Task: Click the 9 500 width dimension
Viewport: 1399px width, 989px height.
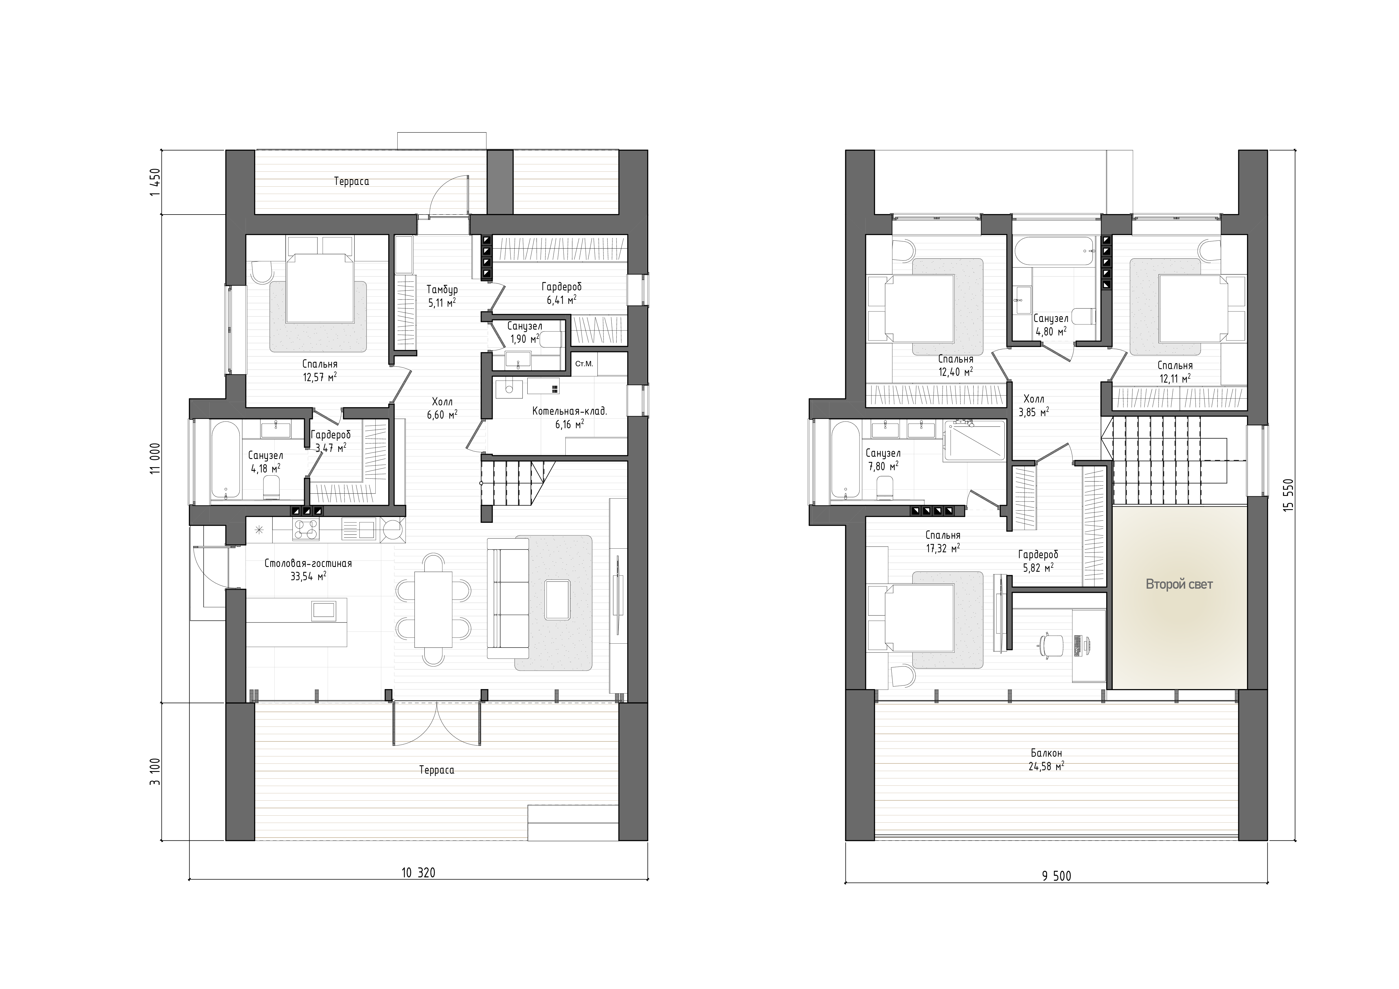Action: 1056,876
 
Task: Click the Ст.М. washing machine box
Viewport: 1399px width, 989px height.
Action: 584,364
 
